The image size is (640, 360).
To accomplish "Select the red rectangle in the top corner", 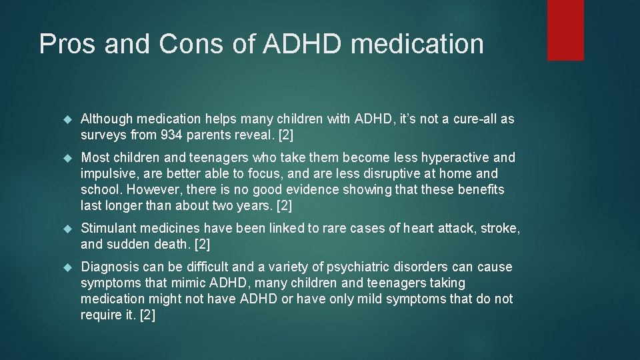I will pos(565,30).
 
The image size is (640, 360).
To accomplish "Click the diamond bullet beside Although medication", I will pos(67,120).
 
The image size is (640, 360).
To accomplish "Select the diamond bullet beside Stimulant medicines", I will pos(67,229).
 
